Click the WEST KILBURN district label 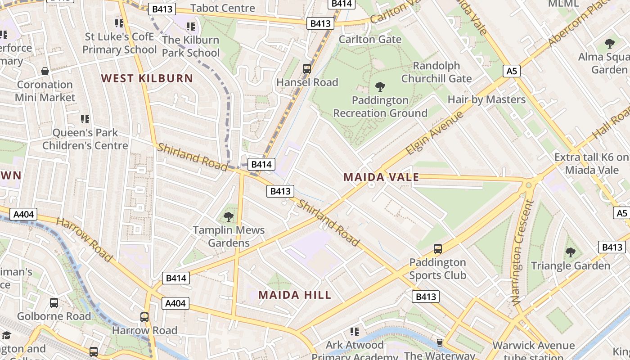(x=147, y=78)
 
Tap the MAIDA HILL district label (x=295, y=295)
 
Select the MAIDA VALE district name (x=381, y=177)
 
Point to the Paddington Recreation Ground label (x=380, y=107)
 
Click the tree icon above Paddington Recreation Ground (x=380, y=86)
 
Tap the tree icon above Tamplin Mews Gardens (x=229, y=216)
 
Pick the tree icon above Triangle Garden (x=571, y=252)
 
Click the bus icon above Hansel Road (x=307, y=69)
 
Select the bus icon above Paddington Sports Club (x=437, y=248)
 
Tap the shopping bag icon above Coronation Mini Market (x=45, y=71)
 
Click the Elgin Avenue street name (x=434, y=133)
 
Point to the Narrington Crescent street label (x=522, y=253)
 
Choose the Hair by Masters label (x=486, y=99)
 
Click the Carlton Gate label (x=370, y=39)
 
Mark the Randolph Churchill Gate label (x=436, y=72)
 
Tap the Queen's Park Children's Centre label (x=85, y=139)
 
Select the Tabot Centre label (x=223, y=8)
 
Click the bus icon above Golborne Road (x=54, y=303)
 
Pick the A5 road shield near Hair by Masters (x=513, y=71)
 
